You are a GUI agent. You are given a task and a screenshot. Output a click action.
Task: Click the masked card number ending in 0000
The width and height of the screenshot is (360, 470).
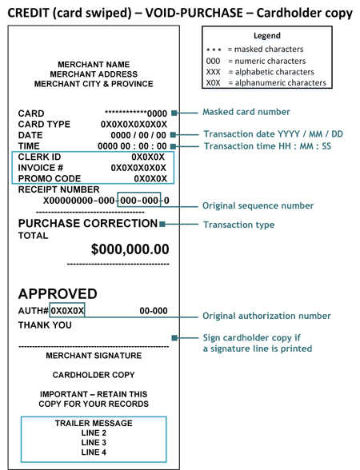point(136,114)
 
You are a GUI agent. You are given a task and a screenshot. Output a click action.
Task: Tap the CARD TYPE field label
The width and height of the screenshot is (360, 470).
point(44,125)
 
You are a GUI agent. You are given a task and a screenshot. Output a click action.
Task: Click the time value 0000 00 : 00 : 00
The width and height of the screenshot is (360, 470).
point(132,147)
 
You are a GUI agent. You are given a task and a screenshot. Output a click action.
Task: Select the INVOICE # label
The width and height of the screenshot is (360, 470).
point(40,169)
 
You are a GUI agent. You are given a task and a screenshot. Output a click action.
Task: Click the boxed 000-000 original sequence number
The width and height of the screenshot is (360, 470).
point(138,200)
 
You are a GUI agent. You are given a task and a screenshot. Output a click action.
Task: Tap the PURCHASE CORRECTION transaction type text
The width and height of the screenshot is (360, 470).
point(87,224)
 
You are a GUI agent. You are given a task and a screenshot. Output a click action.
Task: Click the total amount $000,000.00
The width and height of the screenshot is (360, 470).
point(130,249)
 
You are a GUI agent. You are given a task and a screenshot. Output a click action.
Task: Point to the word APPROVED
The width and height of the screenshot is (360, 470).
point(58,293)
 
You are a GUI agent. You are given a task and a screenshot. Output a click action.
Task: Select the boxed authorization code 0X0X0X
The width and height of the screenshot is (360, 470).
point(67,310)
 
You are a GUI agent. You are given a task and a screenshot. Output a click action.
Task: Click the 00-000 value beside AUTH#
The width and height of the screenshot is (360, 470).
point(153,310)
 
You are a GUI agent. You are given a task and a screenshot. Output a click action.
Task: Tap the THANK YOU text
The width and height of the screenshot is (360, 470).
point(45,325)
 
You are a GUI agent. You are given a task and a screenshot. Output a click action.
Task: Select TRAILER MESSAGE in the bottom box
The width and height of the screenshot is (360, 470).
point(94,424)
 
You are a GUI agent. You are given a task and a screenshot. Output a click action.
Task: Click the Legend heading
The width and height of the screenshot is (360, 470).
point(266,36)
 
